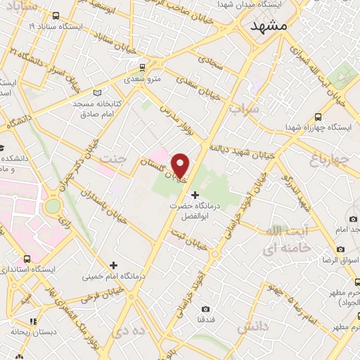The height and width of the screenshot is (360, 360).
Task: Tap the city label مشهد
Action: [x=269, y=25]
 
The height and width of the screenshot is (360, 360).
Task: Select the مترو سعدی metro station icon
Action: [x=143, y=68]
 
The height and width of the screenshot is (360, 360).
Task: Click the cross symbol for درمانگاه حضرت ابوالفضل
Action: [x=195, y=194]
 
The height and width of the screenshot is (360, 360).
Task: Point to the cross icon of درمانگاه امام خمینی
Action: [x=113, y=264]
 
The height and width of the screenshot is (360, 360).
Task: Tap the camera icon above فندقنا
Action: [x=205, y=309]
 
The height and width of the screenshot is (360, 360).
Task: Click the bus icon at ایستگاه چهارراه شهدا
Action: [x=318, y=117]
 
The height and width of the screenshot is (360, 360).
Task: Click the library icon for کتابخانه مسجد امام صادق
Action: [x=96, y=92]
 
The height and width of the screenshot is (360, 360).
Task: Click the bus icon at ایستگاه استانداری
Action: [x=27, y=259]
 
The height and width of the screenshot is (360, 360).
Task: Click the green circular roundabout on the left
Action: [x=52, y=207]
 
